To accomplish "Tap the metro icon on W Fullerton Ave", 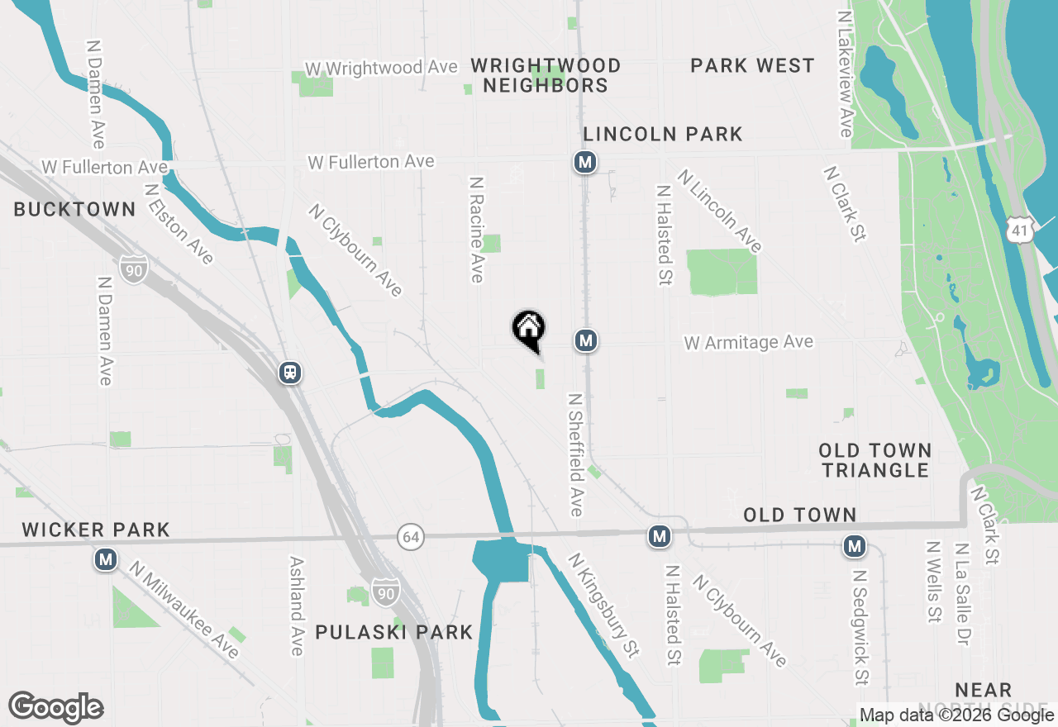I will pyautogui.click(x=585, y=162).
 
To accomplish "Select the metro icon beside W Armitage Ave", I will pyautogui.click(x=585, y=340).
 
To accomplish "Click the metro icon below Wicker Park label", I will pyautogui.click(x=105, y=560).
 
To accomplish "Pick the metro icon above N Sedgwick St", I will pyautogui.click(x=854, y=546).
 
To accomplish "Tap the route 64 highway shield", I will pyautogui.click(x=410, y=537).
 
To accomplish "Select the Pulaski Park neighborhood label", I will pyautogui.click(x=394, y=633).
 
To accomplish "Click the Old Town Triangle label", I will pyautogui.click(x=875, y=460).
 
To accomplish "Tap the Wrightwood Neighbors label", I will pyautogui.click(x=546, y=75).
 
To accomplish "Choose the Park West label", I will pyautogui.click(x=752, y=65).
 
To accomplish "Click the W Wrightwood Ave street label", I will pyautogui.click(x=381, y=68).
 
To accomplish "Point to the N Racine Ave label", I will pyautogui.click(x=476, y=229).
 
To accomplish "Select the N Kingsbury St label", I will pyautogui.click(x=603, y=606).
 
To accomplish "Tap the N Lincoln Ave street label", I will pyautogui.click(x=719, y=211).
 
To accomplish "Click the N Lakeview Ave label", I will pyautogui.click(x=844, y=74).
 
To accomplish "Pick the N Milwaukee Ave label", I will pyautogui.click(x=183, y=611).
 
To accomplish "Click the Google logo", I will pyautogui.click(x=55, y=708).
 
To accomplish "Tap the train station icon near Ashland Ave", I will pyautogui.click(x=290, y=373).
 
